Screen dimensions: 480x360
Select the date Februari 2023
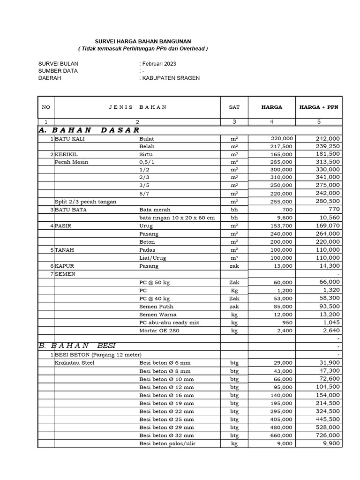pos(159,64)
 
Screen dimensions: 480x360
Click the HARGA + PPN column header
pos(318,107)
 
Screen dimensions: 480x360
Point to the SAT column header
pos(234,107)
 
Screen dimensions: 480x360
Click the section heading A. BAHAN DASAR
pos(89,130)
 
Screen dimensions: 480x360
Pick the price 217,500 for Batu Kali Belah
pos(282,146)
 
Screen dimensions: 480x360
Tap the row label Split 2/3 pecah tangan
pos(86,202)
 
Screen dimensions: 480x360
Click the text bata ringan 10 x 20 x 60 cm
pos(177,218)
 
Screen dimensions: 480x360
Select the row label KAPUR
pos(65,266)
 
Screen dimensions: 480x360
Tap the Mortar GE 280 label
pos(159,331)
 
